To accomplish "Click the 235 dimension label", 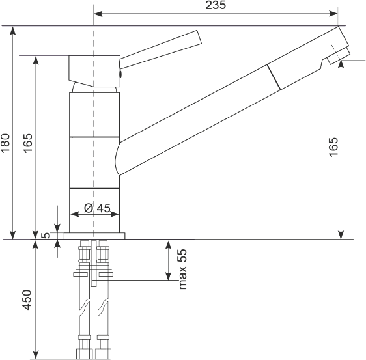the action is (216, 5).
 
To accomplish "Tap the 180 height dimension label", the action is (5, 143).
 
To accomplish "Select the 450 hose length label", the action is (27, 299).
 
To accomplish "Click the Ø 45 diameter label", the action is (97, 208).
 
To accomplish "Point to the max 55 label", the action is (182, 270).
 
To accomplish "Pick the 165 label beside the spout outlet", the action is (333, 147).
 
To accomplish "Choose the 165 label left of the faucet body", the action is (28, 143).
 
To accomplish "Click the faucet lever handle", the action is (160, 49).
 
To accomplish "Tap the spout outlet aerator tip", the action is (339, 56).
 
